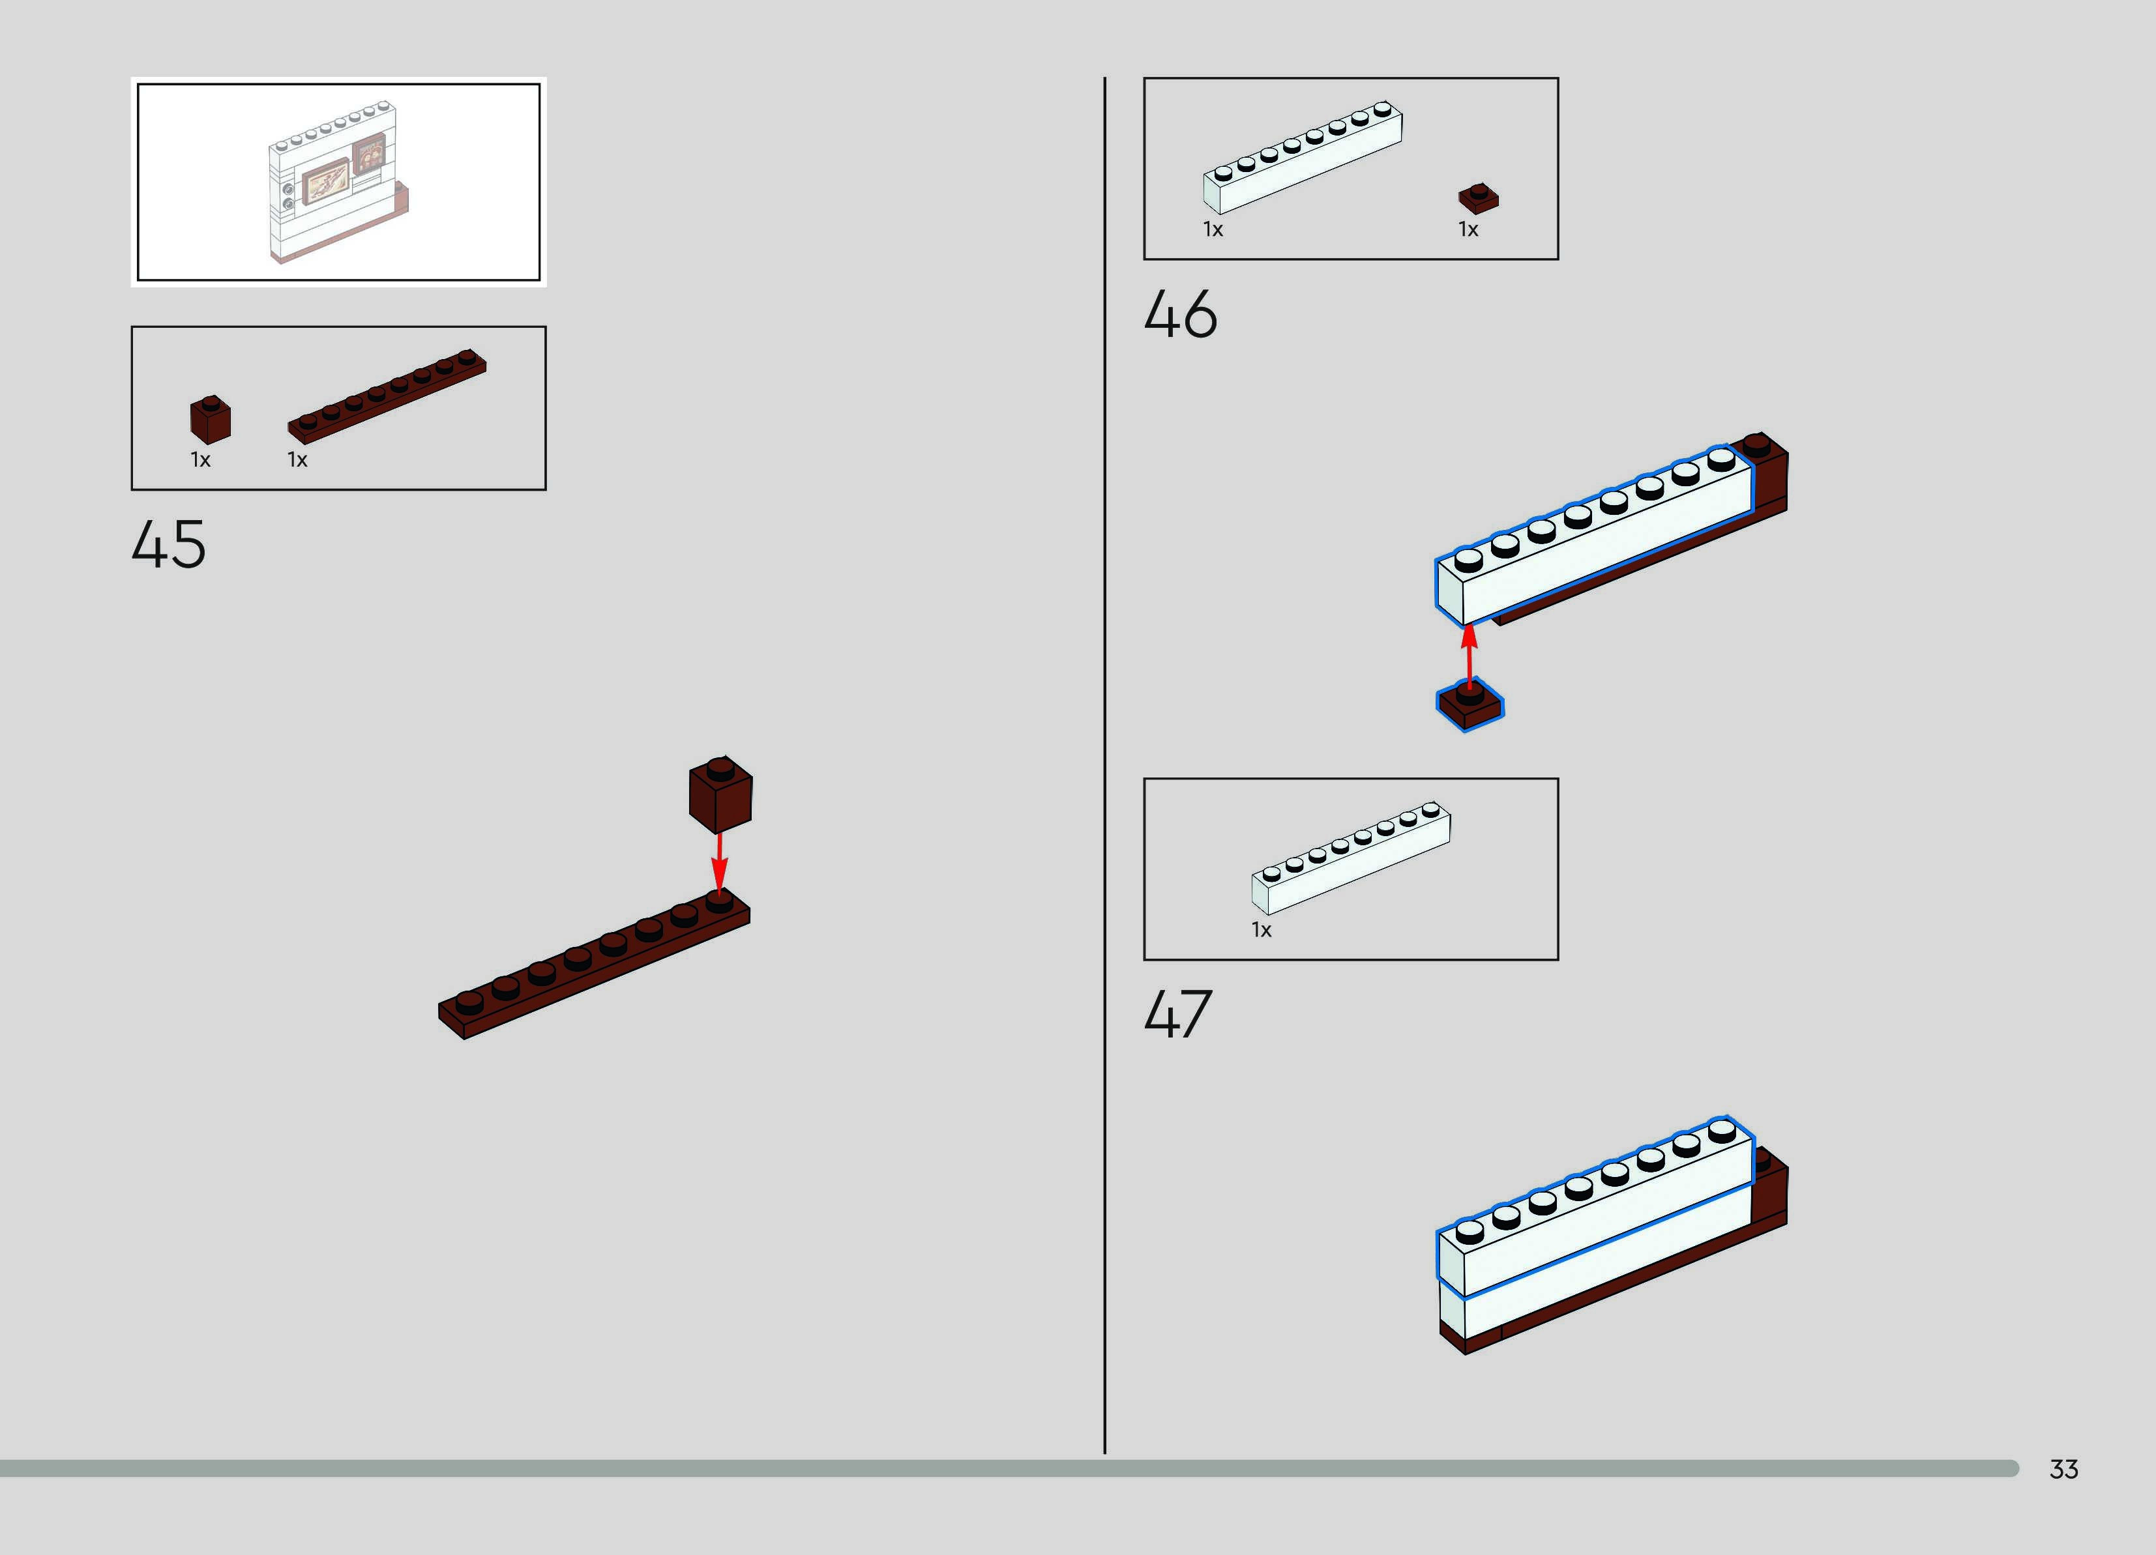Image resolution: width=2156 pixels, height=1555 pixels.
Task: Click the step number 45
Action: click(x=168, y=545)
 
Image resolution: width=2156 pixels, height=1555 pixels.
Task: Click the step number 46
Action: click(x=1180, y=315)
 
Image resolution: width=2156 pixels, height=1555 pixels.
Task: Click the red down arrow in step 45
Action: click(x=720, y=860)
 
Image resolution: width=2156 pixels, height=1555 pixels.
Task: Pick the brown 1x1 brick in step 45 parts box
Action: click(x=210, y=420)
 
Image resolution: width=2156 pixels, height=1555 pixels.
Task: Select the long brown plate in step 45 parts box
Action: click(x=387, y=396)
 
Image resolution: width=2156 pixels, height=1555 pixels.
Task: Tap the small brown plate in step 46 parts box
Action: click(x=1478, y=197)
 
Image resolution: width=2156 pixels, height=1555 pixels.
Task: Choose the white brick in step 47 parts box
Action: click(x=1351, y=858)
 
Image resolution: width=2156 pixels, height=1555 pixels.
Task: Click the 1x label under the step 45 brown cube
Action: click(x=201, y=460)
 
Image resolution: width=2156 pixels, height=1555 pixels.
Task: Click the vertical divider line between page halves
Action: click(x=1104, y=761)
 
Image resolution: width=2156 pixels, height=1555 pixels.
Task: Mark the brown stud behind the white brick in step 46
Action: click(x=1757, y=444)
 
